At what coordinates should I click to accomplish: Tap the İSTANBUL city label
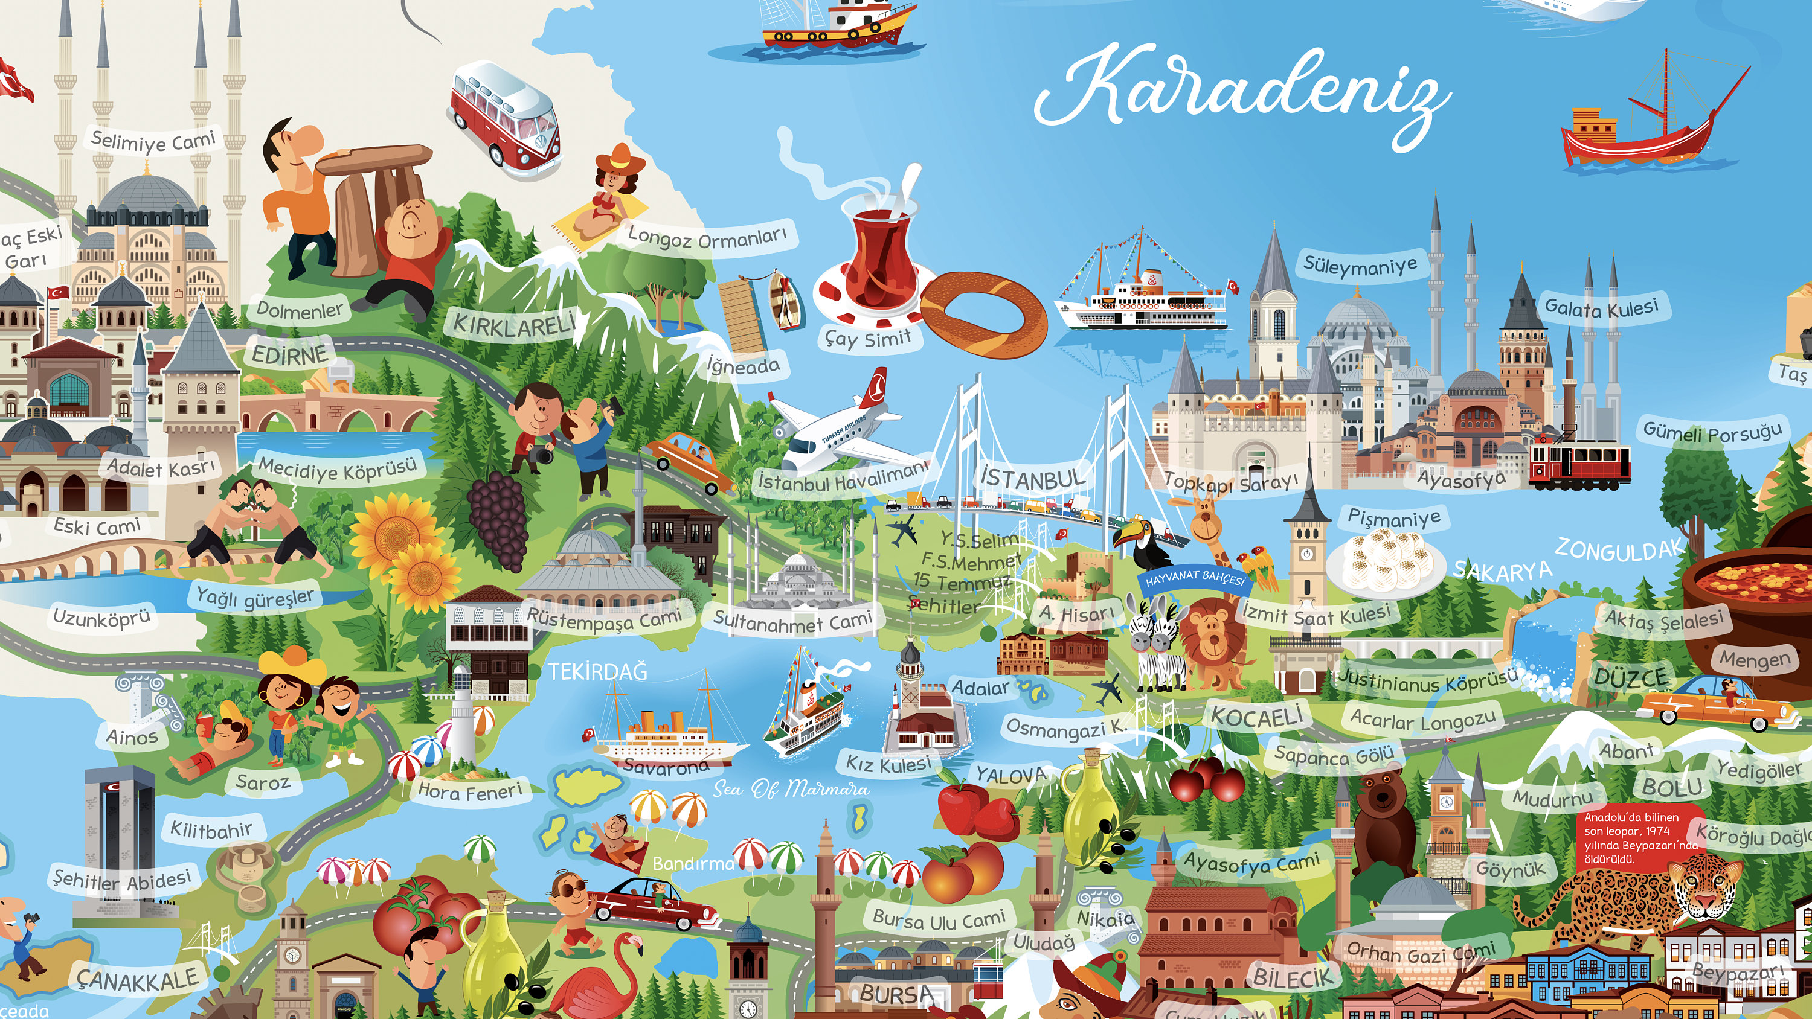point(1033,479)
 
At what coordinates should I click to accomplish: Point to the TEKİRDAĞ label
point(597,672)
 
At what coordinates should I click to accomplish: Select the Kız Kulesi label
point(888,762)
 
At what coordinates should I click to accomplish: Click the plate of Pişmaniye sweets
point(1384,560)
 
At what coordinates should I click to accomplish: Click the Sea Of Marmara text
point(791,788)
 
